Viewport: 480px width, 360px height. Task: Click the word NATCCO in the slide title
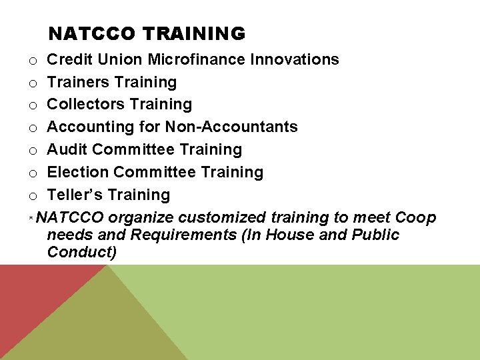pyautogui.click(x=92, y=33)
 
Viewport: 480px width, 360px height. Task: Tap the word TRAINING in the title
pyautogui.click(x=193, y=33)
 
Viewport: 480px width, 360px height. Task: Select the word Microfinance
pyautogui.click(x=197, y=59)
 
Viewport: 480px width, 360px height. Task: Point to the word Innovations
pyautogui.click(x=295, y=59)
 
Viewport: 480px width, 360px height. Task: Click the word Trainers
pyautogui.click(x=77, y=82)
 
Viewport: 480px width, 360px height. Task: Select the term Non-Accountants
pyautogui.click(x=231, y=127)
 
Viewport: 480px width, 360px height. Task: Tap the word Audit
pyautogui.click(x=67, y=149)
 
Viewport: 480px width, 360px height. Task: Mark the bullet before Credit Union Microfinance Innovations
pyautogui.click(x=32, y=61)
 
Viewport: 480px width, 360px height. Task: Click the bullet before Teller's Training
pyautogui.click(x=32, y=196)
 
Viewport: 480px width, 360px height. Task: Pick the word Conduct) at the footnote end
pyautogui.click(x=82, y=252)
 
